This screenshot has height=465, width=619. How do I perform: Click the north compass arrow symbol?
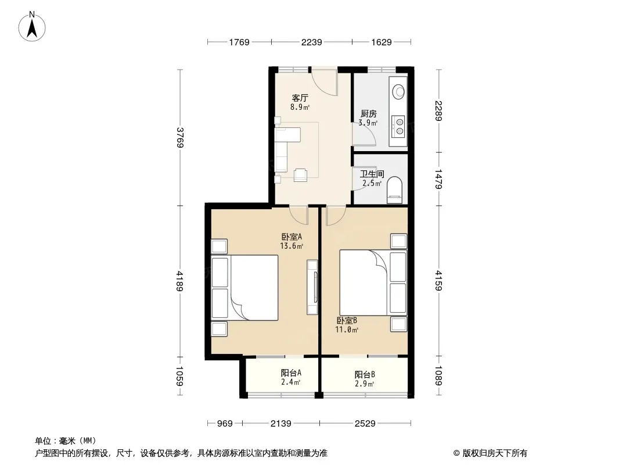[32, 27]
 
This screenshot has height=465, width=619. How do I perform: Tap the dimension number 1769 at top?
[239, 42]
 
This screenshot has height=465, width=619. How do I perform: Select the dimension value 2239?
[311, 42]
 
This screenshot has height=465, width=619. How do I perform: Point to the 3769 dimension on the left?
[180, 137]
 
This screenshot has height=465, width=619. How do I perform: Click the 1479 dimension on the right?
[438, 179]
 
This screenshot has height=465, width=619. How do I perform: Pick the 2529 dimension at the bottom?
[365, 424]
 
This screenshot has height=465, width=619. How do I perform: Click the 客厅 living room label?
[300, 98]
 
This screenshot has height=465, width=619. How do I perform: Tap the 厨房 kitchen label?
[368, 114]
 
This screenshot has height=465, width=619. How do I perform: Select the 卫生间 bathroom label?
[372, 174]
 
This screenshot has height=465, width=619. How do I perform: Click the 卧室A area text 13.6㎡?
[291, 246]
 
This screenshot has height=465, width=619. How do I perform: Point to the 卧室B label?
[347, 320]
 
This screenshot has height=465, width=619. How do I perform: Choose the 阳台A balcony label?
[291, 373]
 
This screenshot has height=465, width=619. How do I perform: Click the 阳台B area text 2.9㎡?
[364, 384]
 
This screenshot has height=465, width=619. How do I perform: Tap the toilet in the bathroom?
[394, 190]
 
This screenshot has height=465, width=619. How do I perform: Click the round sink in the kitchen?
[398, 92]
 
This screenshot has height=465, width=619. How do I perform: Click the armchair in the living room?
[301, 174]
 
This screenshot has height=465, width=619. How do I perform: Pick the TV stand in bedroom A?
[312, 287]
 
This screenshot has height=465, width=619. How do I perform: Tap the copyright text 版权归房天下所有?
[495, 453]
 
